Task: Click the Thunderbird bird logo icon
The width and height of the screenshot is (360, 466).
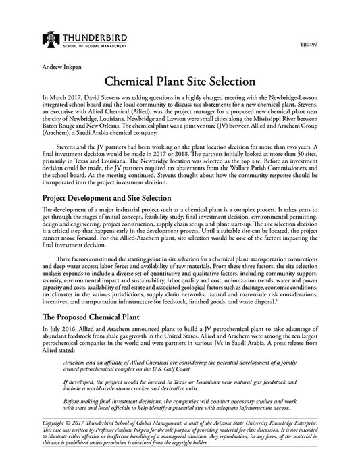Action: click(x=30, y=40)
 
